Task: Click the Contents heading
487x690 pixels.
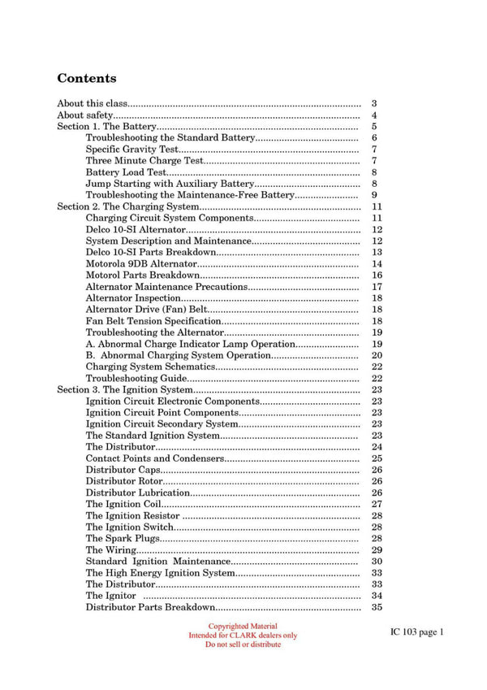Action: click(x=86, y=79)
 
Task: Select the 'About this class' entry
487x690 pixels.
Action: click(x=93, y=104)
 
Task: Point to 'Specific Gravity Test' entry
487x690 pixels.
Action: click(x=132, y=150)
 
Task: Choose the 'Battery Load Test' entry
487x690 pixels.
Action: click(x=126, y=172)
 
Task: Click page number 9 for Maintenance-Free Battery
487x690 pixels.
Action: click(x=374, y=195)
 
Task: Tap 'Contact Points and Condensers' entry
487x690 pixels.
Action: click(x=154, y=458)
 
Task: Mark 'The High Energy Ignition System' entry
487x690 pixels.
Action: click(x=160, y=573)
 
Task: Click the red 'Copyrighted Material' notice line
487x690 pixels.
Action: click(x=243, y=627)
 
